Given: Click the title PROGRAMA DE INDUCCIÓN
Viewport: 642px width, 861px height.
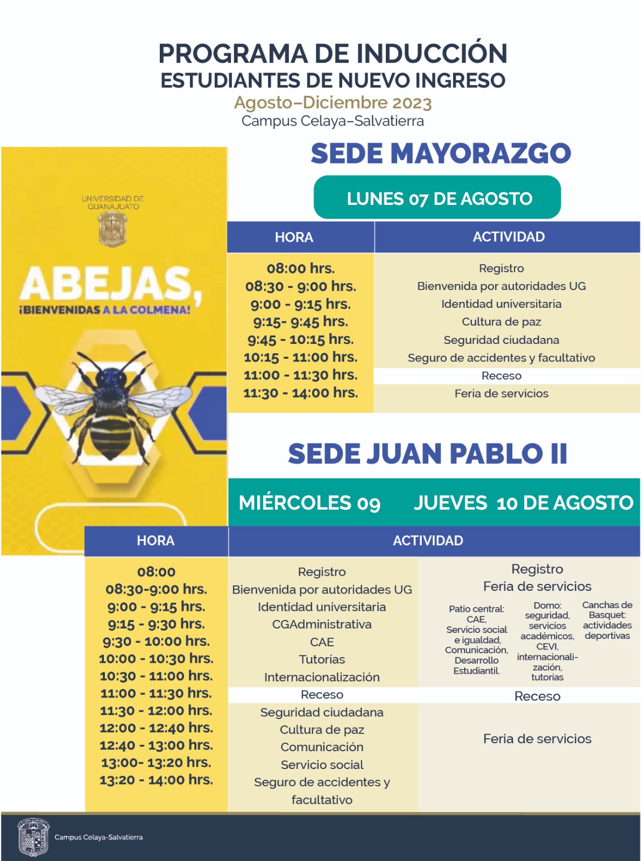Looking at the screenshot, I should pos(333,54).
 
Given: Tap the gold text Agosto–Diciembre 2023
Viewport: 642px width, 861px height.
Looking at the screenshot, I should pos(333,102).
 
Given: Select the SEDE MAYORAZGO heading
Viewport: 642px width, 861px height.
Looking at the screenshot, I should pos(440,153).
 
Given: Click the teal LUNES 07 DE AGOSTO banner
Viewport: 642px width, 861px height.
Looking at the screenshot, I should pos(438,198).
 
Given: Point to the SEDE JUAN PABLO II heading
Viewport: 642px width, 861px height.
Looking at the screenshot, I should pos(427,454).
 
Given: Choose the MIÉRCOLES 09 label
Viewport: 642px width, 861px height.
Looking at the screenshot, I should pos(309,503).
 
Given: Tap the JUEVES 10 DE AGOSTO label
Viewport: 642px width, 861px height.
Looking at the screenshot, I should pos(523,503).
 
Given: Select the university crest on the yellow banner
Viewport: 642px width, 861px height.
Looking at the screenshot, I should pos(112,229).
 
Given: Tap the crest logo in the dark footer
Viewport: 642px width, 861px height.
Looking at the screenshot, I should pos(33,837).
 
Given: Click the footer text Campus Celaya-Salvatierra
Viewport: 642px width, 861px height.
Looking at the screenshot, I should pos(98,837).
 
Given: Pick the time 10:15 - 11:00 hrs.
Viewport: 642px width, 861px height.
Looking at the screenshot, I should pos(300,357).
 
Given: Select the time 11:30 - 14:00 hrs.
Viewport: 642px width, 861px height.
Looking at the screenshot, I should pos(300,393).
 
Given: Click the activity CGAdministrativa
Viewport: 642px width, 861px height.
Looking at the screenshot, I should pos(322,624).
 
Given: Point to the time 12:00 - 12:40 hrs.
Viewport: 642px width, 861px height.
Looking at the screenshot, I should pos(156,728).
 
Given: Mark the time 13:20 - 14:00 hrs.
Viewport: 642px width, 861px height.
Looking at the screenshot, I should pos(156,780).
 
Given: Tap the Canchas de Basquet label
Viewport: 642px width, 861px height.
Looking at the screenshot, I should pos(607,610).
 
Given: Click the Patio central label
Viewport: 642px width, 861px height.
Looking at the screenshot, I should pos(476,609).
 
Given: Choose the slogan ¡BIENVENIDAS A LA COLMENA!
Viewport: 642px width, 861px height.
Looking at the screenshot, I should pos(105,310).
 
